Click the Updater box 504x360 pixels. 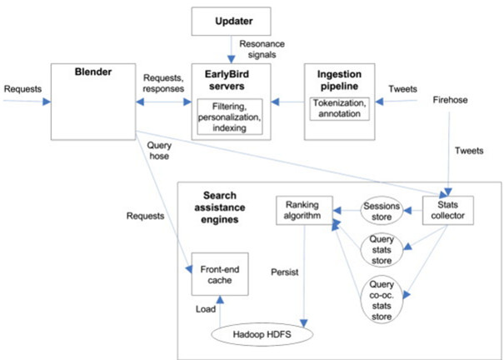pos(231,21)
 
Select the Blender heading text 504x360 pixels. pos(93,72)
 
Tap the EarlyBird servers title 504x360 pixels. pos(227,80)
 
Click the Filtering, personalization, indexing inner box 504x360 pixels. pos(229,117)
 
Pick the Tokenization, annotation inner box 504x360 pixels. pos(339,108)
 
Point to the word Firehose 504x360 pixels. pos(450,100)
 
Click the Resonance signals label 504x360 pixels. pos(262,49)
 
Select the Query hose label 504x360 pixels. pos(159,151)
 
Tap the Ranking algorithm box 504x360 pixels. pos(304,210)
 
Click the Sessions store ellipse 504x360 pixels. pos(382,211)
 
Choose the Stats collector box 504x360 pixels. pos(447,210)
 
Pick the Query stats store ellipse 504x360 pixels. pos(382,250)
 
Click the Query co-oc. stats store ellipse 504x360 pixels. pos(382,299)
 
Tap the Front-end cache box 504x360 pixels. pos(220,274)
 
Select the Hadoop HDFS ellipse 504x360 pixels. pos(262,334)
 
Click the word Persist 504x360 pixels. pos(284,272)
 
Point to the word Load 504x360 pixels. pos(206,309)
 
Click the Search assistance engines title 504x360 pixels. pos(220,207)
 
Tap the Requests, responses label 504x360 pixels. pos(163,83)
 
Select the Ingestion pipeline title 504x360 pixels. pos(339,80)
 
